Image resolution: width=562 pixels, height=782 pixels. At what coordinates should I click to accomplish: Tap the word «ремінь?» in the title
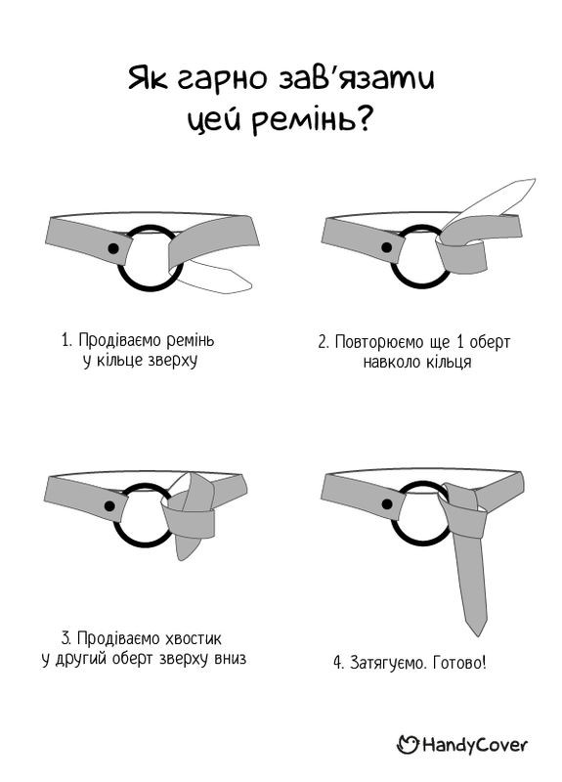(311, 120)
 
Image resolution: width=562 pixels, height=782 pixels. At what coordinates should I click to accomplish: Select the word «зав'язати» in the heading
(356, 78)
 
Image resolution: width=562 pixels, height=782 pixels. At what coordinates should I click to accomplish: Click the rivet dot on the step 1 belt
(113, 248)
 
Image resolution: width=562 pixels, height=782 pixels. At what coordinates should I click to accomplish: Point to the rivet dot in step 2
(386, 247)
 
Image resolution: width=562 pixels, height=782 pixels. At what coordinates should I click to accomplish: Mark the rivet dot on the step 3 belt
(109, 506)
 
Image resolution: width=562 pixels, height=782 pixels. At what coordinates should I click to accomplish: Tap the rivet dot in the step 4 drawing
(387, 503)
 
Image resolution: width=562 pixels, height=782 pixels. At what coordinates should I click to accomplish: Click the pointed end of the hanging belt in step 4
(477, 631)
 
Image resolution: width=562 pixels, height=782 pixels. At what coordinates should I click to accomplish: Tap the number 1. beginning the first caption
(67, 340)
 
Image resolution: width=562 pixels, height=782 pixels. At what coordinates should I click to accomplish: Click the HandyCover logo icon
(408, 745)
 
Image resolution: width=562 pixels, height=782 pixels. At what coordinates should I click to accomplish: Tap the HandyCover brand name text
(474, 745)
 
